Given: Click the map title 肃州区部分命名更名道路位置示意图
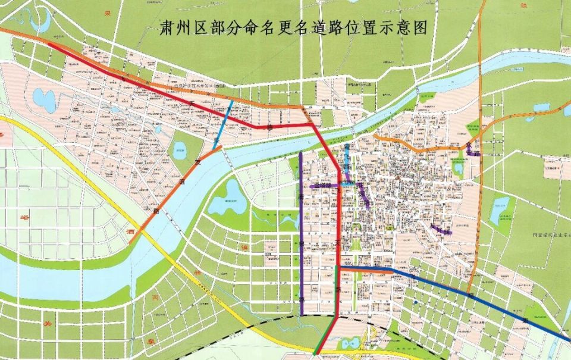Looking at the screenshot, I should [x=294, y=28].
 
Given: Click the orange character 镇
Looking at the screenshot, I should [x=244, y=246].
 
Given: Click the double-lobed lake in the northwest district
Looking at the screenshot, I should [x=43, y=99].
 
